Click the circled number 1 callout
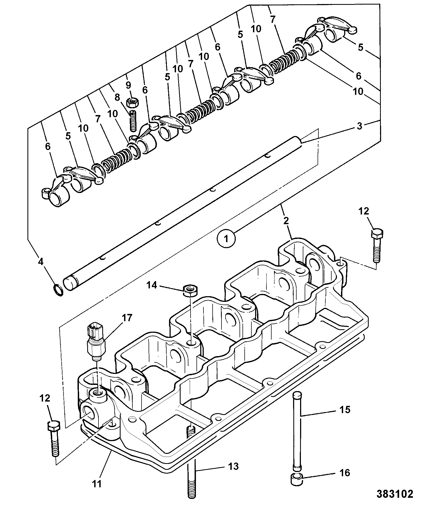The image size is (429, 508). pos(226,239)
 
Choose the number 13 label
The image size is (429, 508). pos(233,466)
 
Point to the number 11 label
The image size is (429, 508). pos(96,484)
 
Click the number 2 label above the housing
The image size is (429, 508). pos(286,221)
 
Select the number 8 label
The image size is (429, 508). pos(117,97)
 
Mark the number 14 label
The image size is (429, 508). pos(152,285)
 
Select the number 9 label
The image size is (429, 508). pos(128,85)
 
